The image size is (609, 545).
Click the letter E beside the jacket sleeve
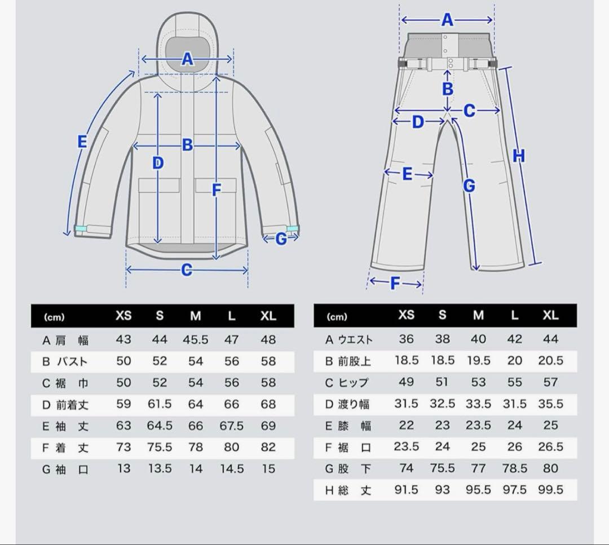[x=82, y=141]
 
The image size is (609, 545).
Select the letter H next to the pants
[x=519, y=156]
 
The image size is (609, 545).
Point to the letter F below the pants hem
[x=395, y=283]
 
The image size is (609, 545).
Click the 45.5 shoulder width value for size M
[x=195, y=340]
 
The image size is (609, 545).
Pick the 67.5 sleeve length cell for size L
[x=232, y=426]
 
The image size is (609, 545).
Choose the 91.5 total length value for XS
[x=406, y=489]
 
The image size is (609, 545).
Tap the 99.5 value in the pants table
[x=550, y=489]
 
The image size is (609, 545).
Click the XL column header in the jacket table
[x=268, y=316]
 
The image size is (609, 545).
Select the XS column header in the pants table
[x=406, y=315]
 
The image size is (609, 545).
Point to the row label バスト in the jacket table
[x=72, y=361]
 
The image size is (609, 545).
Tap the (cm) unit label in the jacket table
[x=54, y=317]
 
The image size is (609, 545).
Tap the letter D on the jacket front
[x=158, y=163]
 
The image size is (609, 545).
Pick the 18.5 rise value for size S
[x=442, y=361]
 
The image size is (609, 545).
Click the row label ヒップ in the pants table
[x=355, y=383]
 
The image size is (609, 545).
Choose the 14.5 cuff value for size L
[x=232, y=468]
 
